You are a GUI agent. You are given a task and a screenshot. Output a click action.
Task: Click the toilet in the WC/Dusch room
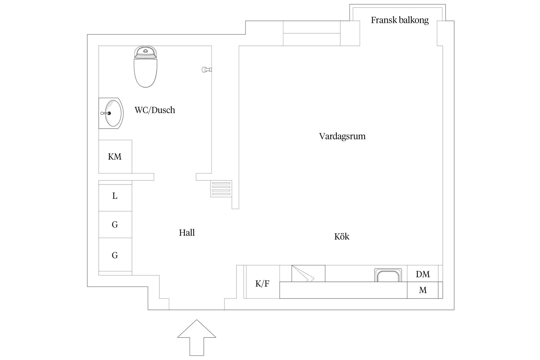pos(145,67)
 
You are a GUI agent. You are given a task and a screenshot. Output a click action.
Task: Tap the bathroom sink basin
pos(114,113)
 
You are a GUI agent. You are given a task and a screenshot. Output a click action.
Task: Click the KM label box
pos(115,157)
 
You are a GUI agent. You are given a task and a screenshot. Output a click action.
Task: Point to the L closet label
pos(115,196)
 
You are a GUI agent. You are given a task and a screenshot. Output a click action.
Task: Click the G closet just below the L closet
pos(115,225)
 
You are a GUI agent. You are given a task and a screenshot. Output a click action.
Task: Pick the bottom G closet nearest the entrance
pos(115,255)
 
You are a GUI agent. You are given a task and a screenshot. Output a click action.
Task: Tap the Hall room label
pos(187,233)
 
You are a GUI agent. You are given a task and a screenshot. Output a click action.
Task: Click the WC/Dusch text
pos(155,110)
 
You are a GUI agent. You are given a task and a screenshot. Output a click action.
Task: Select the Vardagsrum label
pos(342,136)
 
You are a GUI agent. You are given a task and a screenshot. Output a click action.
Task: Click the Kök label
pos(342,237)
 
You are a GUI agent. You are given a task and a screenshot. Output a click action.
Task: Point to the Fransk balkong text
pos(400,20)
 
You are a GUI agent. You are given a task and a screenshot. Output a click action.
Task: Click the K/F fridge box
pos(262,283)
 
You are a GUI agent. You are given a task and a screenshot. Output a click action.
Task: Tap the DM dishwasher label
pos(423,274)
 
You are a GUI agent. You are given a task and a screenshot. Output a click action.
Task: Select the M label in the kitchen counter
pos(423,290)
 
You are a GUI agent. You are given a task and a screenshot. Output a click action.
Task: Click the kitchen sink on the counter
pos(388,275)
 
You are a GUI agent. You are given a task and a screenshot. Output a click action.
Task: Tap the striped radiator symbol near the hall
pos(221,189)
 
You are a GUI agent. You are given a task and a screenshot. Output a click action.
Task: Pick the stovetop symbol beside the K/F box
pos(308,274)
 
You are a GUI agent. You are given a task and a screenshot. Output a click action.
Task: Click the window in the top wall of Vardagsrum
pos(312,33)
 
